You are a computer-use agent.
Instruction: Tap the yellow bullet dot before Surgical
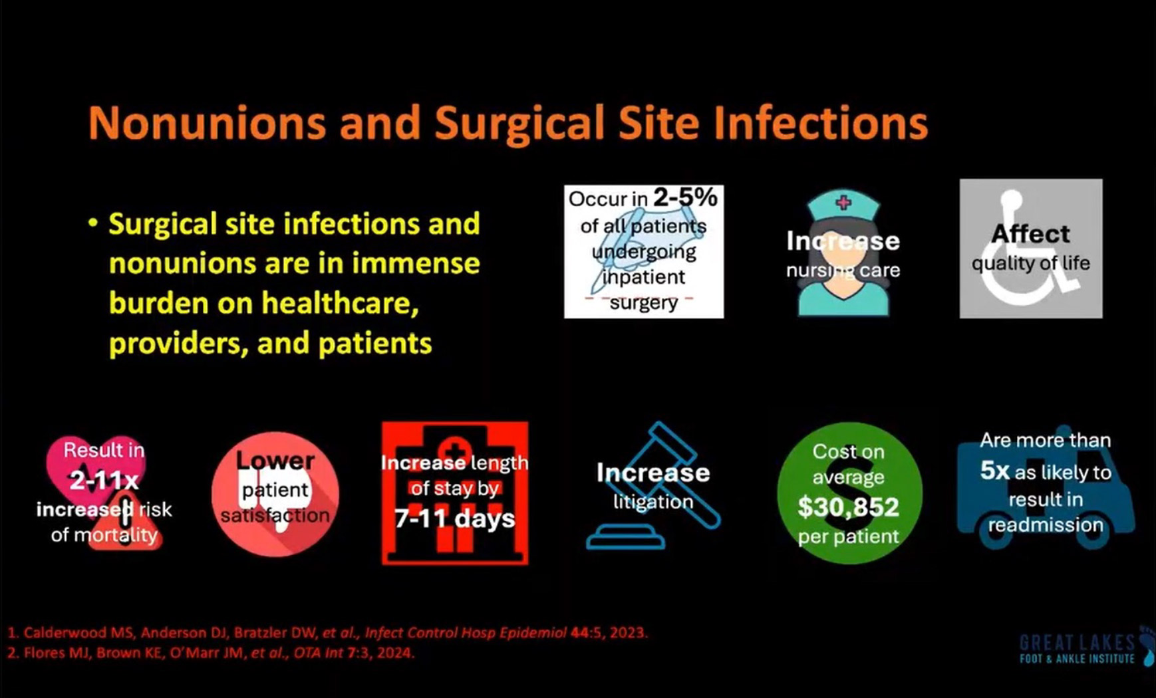click(x=93, y=223)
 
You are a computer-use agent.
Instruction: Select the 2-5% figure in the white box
click(x=685, y=197)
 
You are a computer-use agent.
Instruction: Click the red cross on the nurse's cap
click(x=843, y=202)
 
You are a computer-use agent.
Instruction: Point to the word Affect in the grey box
click(x=1030, y=234)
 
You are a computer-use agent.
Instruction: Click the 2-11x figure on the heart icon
click(x=104, y=480)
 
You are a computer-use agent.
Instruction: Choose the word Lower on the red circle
click(x=275, y=460)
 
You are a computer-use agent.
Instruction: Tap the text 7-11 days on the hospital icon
click(x=455, y=518)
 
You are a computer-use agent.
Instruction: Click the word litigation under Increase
click(x=653, y=501)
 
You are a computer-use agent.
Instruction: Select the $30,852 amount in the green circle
click(x=849, y=507)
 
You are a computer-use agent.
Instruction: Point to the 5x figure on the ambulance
click(x=995, y=471)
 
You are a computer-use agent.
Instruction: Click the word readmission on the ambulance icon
click(x=1046, y=524)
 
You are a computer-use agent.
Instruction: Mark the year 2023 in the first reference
click(x=628, y=632)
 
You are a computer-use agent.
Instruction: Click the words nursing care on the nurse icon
click(x=843, y=270)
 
